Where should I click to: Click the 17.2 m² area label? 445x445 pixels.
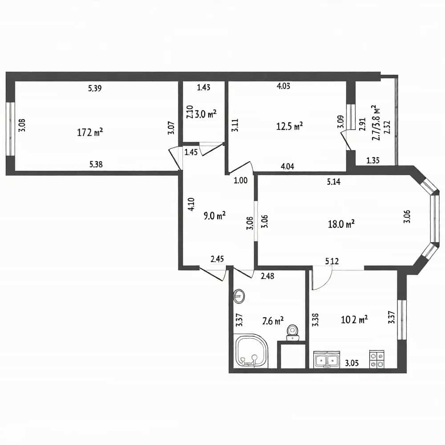(90, 132)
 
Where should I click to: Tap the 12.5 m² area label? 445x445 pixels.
(290, 126)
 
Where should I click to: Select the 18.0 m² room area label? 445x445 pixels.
(341, 224)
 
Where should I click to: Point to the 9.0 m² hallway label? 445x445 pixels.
(214, 216)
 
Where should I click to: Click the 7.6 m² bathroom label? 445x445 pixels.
(273, 321)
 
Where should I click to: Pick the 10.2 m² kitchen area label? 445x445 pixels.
(354, 320)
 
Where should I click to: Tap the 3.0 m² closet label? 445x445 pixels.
(206, 114)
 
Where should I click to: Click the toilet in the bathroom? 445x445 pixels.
(293, 332)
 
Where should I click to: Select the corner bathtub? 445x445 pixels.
(251, 351)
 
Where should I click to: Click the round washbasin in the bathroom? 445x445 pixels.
(239, 296)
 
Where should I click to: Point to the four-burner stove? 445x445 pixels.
(376, 360)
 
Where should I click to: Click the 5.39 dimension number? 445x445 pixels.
(95, 88)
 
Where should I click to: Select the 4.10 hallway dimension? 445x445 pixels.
(191, 204)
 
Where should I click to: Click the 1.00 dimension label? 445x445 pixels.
(241, 180)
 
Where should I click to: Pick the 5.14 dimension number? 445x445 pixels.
(333, 182)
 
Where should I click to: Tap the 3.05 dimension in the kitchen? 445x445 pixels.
(352, 363)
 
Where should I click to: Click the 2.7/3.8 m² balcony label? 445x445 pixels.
(376, 123)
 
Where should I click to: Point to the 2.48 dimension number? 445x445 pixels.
(267, 276)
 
